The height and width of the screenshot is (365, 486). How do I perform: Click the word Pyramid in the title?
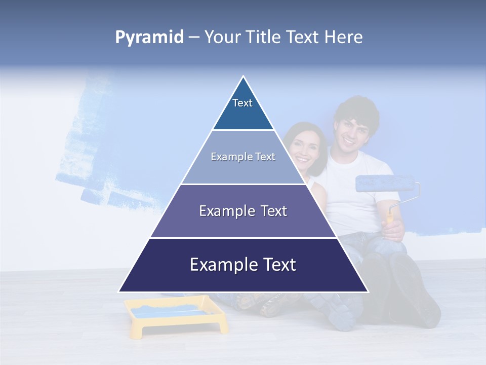149,38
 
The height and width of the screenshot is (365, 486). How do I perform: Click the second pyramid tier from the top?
243,157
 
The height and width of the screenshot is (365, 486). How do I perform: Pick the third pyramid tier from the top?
243,211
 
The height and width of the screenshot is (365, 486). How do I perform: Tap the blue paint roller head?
385,184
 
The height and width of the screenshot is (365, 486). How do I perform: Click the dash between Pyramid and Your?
194,38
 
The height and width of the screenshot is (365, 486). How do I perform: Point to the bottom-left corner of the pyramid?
119,291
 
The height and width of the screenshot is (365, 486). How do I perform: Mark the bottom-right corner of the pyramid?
368,291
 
